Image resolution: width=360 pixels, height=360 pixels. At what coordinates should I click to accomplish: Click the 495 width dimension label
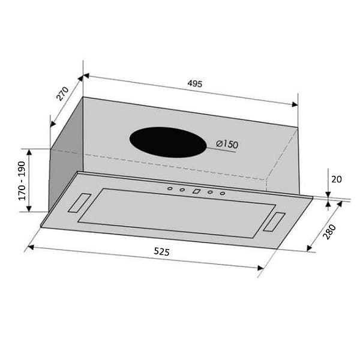(x=193, y=83)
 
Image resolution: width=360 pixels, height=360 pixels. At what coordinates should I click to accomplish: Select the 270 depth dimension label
(x=62, y=94)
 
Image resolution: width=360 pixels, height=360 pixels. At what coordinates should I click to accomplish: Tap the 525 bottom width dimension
(x=161, y=253)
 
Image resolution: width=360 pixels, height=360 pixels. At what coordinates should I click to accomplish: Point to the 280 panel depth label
(x=330, y=231)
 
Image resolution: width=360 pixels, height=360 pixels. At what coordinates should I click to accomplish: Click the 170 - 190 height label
(x=22, y=180)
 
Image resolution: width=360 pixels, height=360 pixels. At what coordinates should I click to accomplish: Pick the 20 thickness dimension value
(x=335, y=178)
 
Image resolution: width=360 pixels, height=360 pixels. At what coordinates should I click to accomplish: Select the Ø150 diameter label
(x=227, y=145)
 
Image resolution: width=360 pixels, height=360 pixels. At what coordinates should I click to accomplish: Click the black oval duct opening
(x=164, y=142)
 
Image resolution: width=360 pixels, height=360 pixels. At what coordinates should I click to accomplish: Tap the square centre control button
(x=196, y=191)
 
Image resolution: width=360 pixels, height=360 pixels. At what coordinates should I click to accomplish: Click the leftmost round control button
(x=170, y=189)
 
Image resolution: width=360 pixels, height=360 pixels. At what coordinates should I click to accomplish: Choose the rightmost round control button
(x=222, y=193)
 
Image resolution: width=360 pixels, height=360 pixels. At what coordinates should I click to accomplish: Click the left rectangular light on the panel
(x=79, y=202)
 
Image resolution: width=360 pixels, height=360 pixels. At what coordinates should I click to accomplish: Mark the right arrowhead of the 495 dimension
(x=294, y=104)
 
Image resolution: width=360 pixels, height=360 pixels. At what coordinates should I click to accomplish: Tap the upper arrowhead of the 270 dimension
(x=80, y=78)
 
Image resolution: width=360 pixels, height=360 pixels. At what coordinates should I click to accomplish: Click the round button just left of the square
(x=182, y=190)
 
